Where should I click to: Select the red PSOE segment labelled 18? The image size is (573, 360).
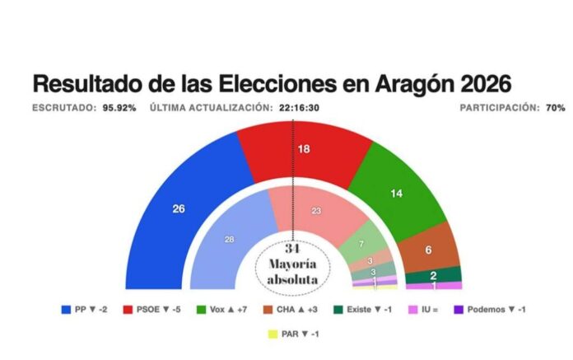click(x=303, y=149)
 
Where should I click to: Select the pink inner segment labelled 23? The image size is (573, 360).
click(x=315, y=211)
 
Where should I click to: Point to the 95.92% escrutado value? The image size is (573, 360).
click(x=119, y=108)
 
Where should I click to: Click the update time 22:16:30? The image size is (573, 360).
click(x=300, y=108)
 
